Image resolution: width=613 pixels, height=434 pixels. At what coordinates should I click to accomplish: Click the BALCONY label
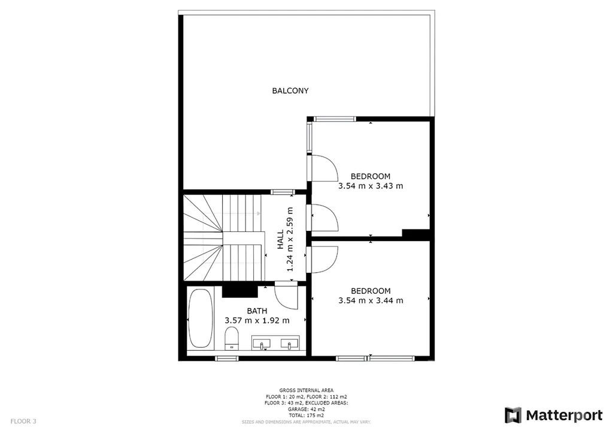coord(290,91)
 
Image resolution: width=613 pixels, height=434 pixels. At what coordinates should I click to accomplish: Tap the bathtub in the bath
coord(201,318)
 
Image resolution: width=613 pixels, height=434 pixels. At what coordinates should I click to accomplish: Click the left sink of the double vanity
coord(262,344)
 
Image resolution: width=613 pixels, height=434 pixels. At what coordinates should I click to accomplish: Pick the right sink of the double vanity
coord(289,344)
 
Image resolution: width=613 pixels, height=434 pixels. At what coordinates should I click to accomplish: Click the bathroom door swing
coord(286,296)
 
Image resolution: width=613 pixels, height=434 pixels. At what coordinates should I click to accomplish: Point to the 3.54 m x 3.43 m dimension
coord(370,186)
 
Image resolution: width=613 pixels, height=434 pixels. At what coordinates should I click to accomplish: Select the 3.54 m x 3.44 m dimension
coord(370,300)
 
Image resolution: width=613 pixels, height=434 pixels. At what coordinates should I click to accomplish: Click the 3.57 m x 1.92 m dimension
coord(257,321)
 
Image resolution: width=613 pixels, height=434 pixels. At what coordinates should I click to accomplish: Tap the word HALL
coord(280,240)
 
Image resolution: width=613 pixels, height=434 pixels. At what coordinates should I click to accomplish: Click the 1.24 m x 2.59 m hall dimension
coord(290,240)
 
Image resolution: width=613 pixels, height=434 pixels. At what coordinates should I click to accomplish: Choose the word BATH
coord(257,311)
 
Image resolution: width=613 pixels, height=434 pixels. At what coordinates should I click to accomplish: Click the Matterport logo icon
coord(513,415)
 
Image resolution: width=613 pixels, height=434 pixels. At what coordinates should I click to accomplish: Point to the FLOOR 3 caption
coord(23,421)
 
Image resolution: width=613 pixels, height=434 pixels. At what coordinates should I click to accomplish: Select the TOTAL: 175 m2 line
coord(306,415)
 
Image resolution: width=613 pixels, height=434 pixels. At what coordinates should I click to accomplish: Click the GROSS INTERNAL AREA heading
coord(306,390)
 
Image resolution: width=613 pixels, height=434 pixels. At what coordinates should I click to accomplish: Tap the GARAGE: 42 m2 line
coord(306,409)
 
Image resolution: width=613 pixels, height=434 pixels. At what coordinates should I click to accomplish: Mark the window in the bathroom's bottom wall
coord(226,358)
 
